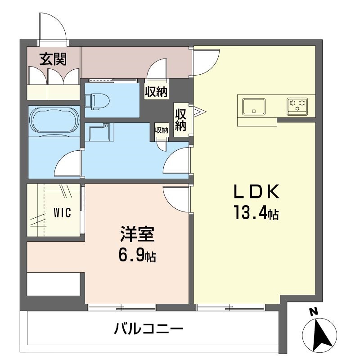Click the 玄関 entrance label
point(53,59)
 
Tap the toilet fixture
point(97,101)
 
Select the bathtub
point(54,121)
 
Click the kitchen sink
point(254,107)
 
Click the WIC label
point(62,212)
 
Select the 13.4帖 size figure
point(256,212)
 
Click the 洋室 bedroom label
point(137,234)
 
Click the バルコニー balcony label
point(148,328)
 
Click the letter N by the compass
point(313,312)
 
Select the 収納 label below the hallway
point(156,92)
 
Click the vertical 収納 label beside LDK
point(180,120)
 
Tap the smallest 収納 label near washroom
point(162,130)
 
